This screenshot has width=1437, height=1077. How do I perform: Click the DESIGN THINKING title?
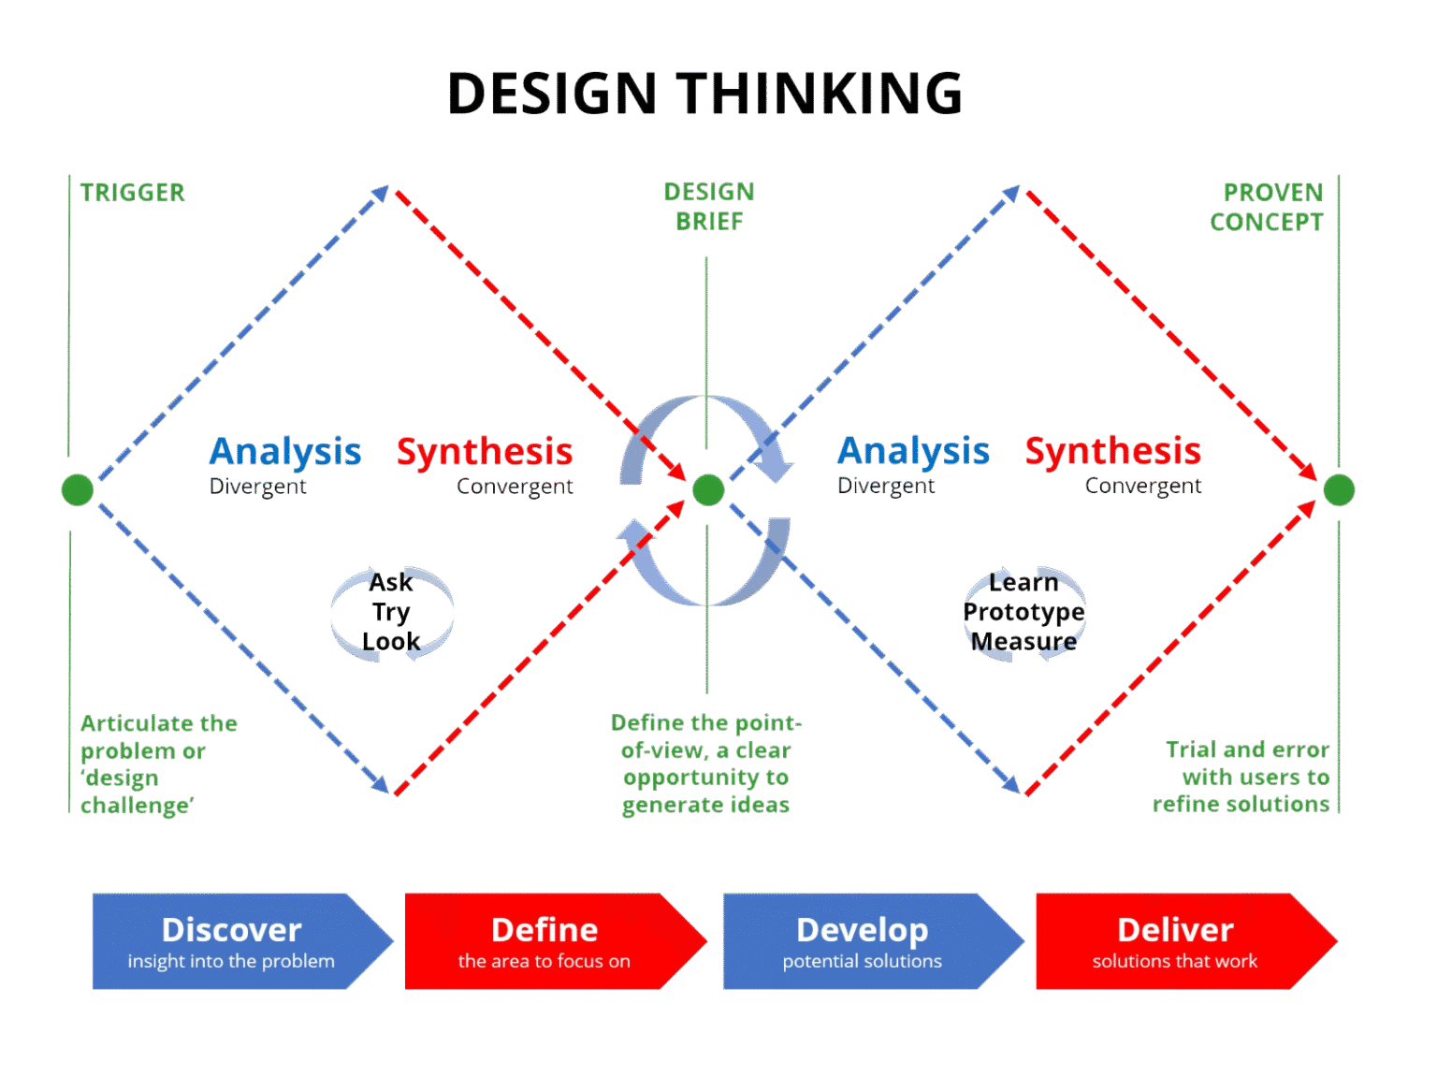click(704, 94)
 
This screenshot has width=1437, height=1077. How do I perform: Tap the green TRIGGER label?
click(132, 193)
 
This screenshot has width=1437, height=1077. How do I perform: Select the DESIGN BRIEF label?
click(708, 207)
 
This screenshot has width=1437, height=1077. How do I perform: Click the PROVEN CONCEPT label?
click(1268, 207)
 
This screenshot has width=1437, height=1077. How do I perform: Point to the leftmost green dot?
click(78, 489)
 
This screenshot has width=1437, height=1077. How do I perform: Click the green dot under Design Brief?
click(708, 489)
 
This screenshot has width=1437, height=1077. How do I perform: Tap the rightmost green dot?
click(1339, 489)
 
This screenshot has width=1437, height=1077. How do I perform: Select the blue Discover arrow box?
click(232, 941)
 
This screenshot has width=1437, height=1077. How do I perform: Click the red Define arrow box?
click(545, 941)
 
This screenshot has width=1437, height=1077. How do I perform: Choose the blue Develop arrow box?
click(863, 941)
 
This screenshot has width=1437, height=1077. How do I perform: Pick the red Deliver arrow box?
click(1176, 941)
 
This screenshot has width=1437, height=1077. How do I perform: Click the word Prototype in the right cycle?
click(1023, 612)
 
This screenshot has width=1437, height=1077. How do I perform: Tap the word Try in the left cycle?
click(391, 612)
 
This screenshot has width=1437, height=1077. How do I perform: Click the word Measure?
click(1023, 642)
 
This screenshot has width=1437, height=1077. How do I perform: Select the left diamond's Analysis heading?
click(284, 451)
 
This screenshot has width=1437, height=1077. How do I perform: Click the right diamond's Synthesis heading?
click(1112, 451)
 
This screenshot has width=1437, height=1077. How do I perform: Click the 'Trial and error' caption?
click(1247, 750)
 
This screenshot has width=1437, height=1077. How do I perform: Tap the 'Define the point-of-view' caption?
click(705, 736)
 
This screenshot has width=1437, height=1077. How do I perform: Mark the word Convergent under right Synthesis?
click(1142, 487)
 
